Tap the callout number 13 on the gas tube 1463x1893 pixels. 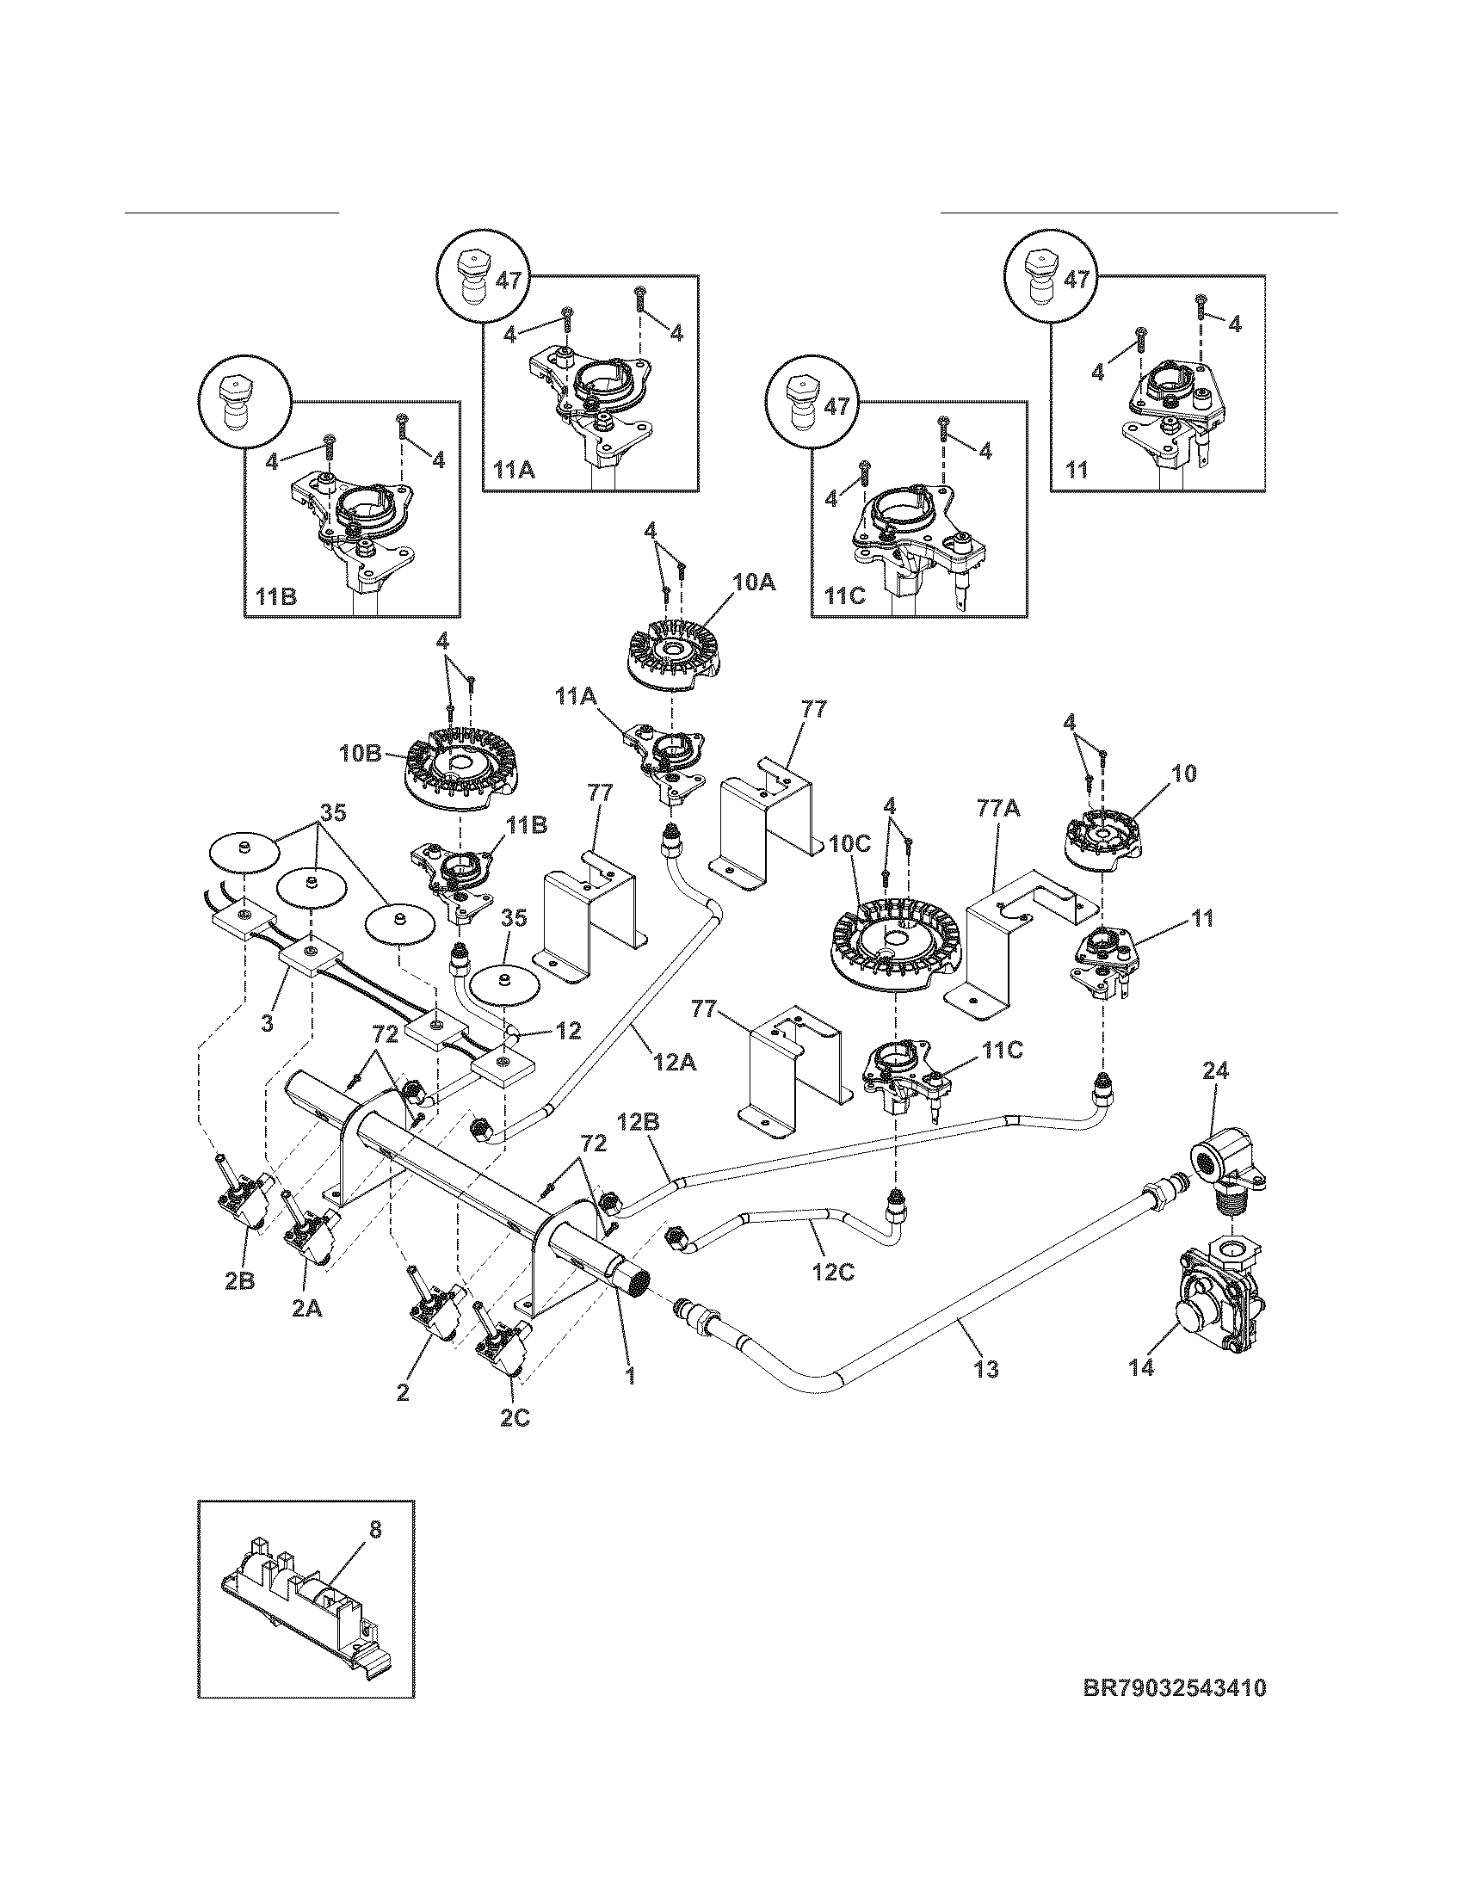986,1369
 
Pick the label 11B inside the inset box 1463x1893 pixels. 275,597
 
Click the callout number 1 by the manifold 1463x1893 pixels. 630,1374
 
